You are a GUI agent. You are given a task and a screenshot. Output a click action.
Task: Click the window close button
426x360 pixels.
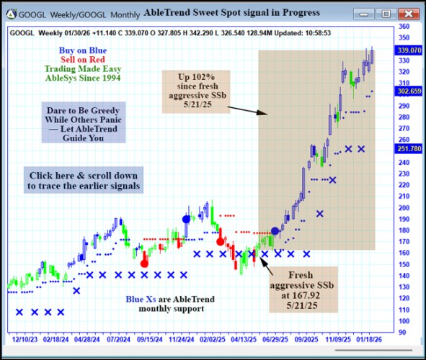coord(408,13)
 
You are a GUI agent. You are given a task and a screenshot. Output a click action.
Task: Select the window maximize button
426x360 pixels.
coord(386,13)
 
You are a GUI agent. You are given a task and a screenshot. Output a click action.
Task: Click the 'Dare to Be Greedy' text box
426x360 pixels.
coord(83,122)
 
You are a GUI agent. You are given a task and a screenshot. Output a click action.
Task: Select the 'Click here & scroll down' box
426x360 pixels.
coord(83,180)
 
